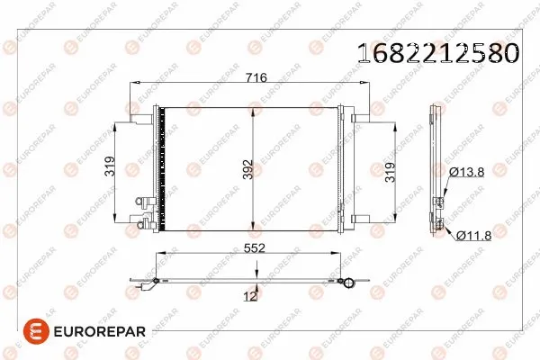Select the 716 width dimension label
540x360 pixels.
[x=256, y=78]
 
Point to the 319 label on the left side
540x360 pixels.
[x=110, y=168]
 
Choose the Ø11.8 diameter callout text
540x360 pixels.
[x=474, y=236]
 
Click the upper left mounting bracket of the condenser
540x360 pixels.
[x=135, y=115]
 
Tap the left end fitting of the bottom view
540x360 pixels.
[x=144, y=286]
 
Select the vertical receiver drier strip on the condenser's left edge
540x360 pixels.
[x=161, y=166]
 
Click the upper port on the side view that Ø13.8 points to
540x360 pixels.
[x=440, y=202]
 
